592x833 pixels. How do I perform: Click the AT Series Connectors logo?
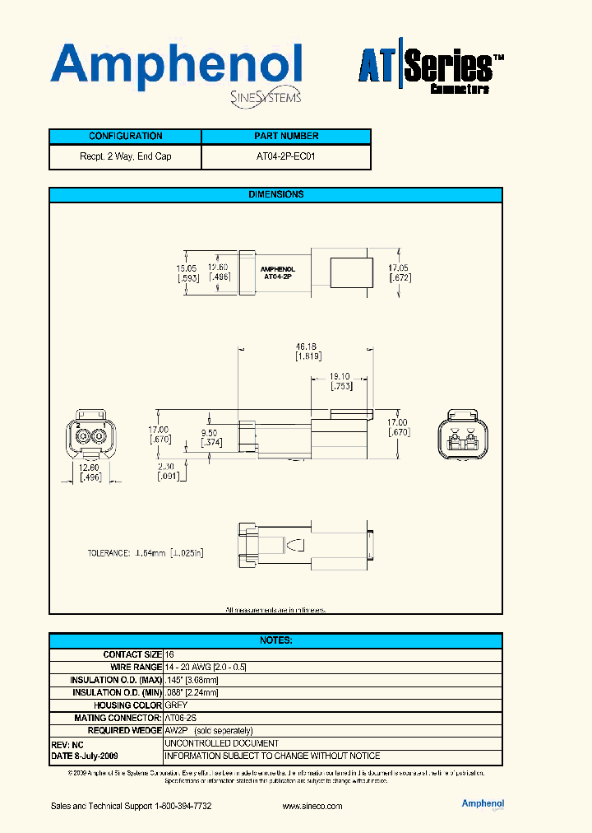[x=424, y=72]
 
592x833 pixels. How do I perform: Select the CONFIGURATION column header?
[x=126, y=137]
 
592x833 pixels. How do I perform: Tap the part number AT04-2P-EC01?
[x=285, y=156]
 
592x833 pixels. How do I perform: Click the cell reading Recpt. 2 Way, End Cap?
[x=126, y=156]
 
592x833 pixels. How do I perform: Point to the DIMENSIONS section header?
[x=275, y=195]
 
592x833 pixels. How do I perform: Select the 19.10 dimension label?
[x=341, y=375]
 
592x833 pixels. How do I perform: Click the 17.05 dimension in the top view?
[x=399, y=268]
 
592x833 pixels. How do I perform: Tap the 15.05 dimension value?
[x=186, y=268]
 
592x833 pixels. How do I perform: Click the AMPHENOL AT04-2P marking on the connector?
[x=277, y=273]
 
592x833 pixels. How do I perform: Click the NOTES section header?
[x=275, y=640]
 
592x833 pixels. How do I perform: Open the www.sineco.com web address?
[x=312, y=806]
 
